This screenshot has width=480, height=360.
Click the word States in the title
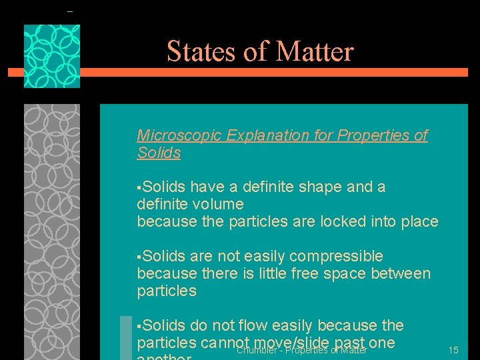(194, 51)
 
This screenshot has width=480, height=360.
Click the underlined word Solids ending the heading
(159, 153)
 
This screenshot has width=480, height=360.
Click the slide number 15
(453, 350)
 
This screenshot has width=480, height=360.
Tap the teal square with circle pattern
(52, 57)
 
